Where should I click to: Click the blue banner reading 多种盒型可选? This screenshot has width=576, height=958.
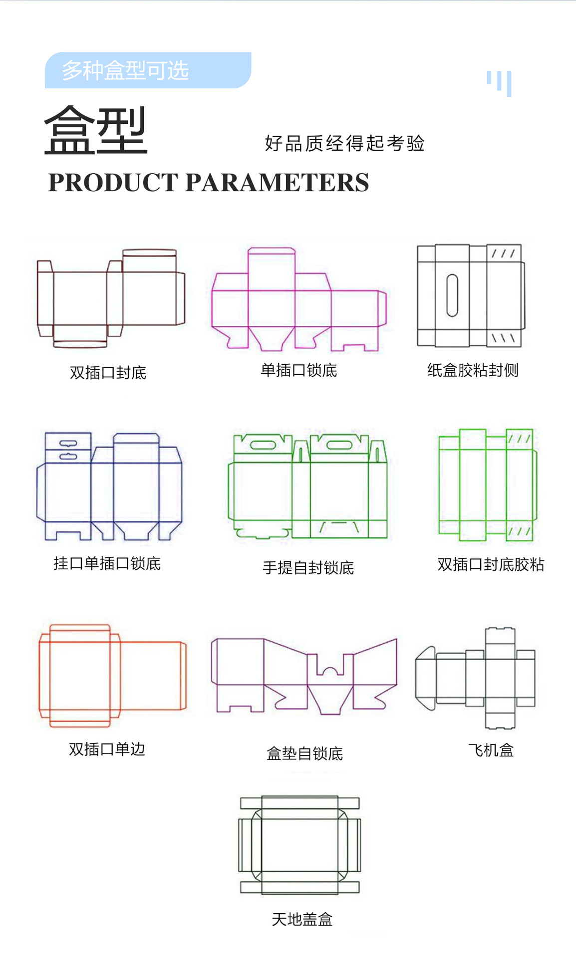click(148, 70)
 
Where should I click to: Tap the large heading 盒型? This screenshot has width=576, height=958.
click(96, 130)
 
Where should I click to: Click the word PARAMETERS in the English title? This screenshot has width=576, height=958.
click(277, 183)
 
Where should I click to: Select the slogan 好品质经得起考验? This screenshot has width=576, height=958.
click(344, 144)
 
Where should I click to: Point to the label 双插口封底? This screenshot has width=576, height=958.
click(108, 373)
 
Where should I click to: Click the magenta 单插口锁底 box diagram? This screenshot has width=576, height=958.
click(298, 299)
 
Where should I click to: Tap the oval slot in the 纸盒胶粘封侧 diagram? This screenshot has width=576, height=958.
click(452, 295)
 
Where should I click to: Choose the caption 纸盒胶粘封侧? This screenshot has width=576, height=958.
click(473, 370)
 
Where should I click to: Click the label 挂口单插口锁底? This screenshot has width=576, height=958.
click(107, 563)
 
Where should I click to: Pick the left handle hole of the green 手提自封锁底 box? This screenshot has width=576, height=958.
click(263, 445)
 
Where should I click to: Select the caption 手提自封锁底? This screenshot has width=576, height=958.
click(308, 567)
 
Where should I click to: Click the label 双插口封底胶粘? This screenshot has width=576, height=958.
click(491, 564)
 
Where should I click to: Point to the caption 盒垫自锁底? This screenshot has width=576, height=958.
click(304, 753)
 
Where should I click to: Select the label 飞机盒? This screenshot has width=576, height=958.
click(491, 750)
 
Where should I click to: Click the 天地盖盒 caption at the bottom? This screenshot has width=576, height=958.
click(302, 919)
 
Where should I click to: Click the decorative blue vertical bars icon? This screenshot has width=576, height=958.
click(499, 83)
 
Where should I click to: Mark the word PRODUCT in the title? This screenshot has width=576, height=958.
click(113, 183)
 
